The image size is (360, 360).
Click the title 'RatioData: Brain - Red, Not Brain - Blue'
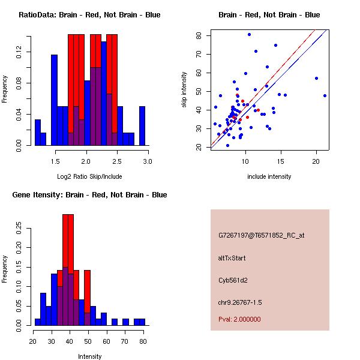(89, 15)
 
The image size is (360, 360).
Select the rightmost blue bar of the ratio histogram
(142, 126)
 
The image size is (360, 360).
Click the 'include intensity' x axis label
(269, 176)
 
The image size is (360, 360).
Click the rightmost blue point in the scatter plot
(325, 95)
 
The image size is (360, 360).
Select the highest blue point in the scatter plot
(249, 34)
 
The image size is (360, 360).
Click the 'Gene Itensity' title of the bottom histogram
(89, 195)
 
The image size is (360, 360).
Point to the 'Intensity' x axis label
(89, 356)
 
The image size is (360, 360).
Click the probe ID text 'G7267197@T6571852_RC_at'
(261, 236)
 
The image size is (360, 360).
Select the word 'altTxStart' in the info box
(232, 258)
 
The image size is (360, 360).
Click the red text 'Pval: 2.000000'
(239, 319)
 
